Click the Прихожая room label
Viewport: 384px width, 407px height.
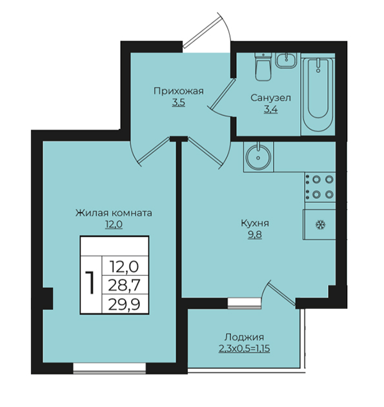click(x=179, y=91)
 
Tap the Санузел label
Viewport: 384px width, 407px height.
click(x=270, y=98)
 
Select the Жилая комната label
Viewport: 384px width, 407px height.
click(x=114, y=213)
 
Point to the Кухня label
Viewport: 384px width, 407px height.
click(x=255, y=224)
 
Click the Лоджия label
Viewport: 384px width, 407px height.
click(x=244, y=337)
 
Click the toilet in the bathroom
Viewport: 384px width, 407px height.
click(x=263, y=67)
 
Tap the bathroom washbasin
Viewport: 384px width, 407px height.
click(x=286, y=60)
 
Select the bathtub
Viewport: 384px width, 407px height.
click(x=318, y=94)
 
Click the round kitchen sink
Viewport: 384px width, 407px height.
click(x=258, y=157)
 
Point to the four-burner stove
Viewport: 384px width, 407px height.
click(x=320, y=187)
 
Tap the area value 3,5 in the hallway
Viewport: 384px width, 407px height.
click(x=178, y=103)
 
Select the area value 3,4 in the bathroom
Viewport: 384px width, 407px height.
click(x=270, y=110)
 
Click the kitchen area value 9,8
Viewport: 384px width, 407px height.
click(x=255, y=235)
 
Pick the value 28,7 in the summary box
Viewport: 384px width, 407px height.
click(x=124, y=286)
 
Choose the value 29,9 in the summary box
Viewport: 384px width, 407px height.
click(x=124, y=304)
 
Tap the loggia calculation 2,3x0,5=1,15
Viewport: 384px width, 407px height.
click(x=244, y=349)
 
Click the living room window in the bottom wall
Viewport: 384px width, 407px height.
click(x=110, y=368)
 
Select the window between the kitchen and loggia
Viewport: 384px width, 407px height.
click(x=244, y=304)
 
